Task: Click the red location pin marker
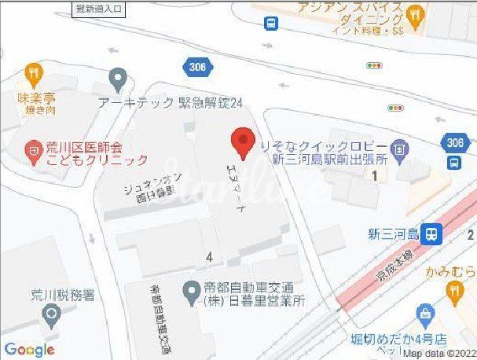[x=242, y=144]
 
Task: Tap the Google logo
[x=28, y=350]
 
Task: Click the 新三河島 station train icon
[x=430, y=233]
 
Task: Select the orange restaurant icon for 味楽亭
[x=33, y=75]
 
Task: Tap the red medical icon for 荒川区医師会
[x=32, y=148]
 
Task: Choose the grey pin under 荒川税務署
[x=53, y=316]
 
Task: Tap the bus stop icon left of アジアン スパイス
[x=271, y=24]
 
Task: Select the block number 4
[x=209, y=256]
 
